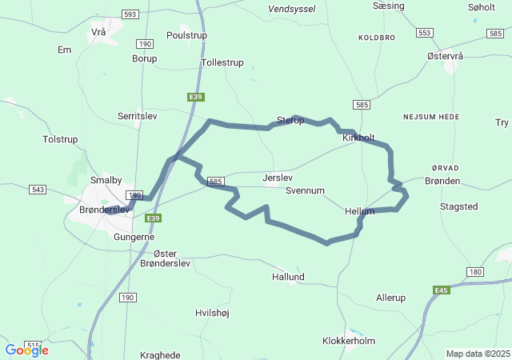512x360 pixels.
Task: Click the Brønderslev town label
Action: [x=105, y=210]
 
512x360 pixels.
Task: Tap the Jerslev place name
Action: [x=278, y=178]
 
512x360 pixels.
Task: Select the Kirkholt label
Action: [x=358, y=138]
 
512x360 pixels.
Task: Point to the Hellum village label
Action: [x=359, y=211]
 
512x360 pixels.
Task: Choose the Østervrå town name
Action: [x=446, y=56]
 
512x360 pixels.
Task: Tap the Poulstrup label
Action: [x=186, y=35]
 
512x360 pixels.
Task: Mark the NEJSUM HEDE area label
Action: [x=431, y=117]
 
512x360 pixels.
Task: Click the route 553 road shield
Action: [x=424, y=33]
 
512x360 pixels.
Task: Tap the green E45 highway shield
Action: [x=442, y=290]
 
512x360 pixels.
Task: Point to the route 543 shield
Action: [x=38, y=190]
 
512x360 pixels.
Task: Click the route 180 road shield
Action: [x=476, y=273]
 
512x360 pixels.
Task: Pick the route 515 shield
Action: [x=33, y=345]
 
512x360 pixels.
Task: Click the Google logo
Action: [x=26, y=350]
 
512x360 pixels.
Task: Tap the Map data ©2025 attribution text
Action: [x=478, y=354]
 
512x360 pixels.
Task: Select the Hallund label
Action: [x=288, y=277]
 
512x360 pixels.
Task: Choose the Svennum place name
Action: [x=305, y=191]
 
